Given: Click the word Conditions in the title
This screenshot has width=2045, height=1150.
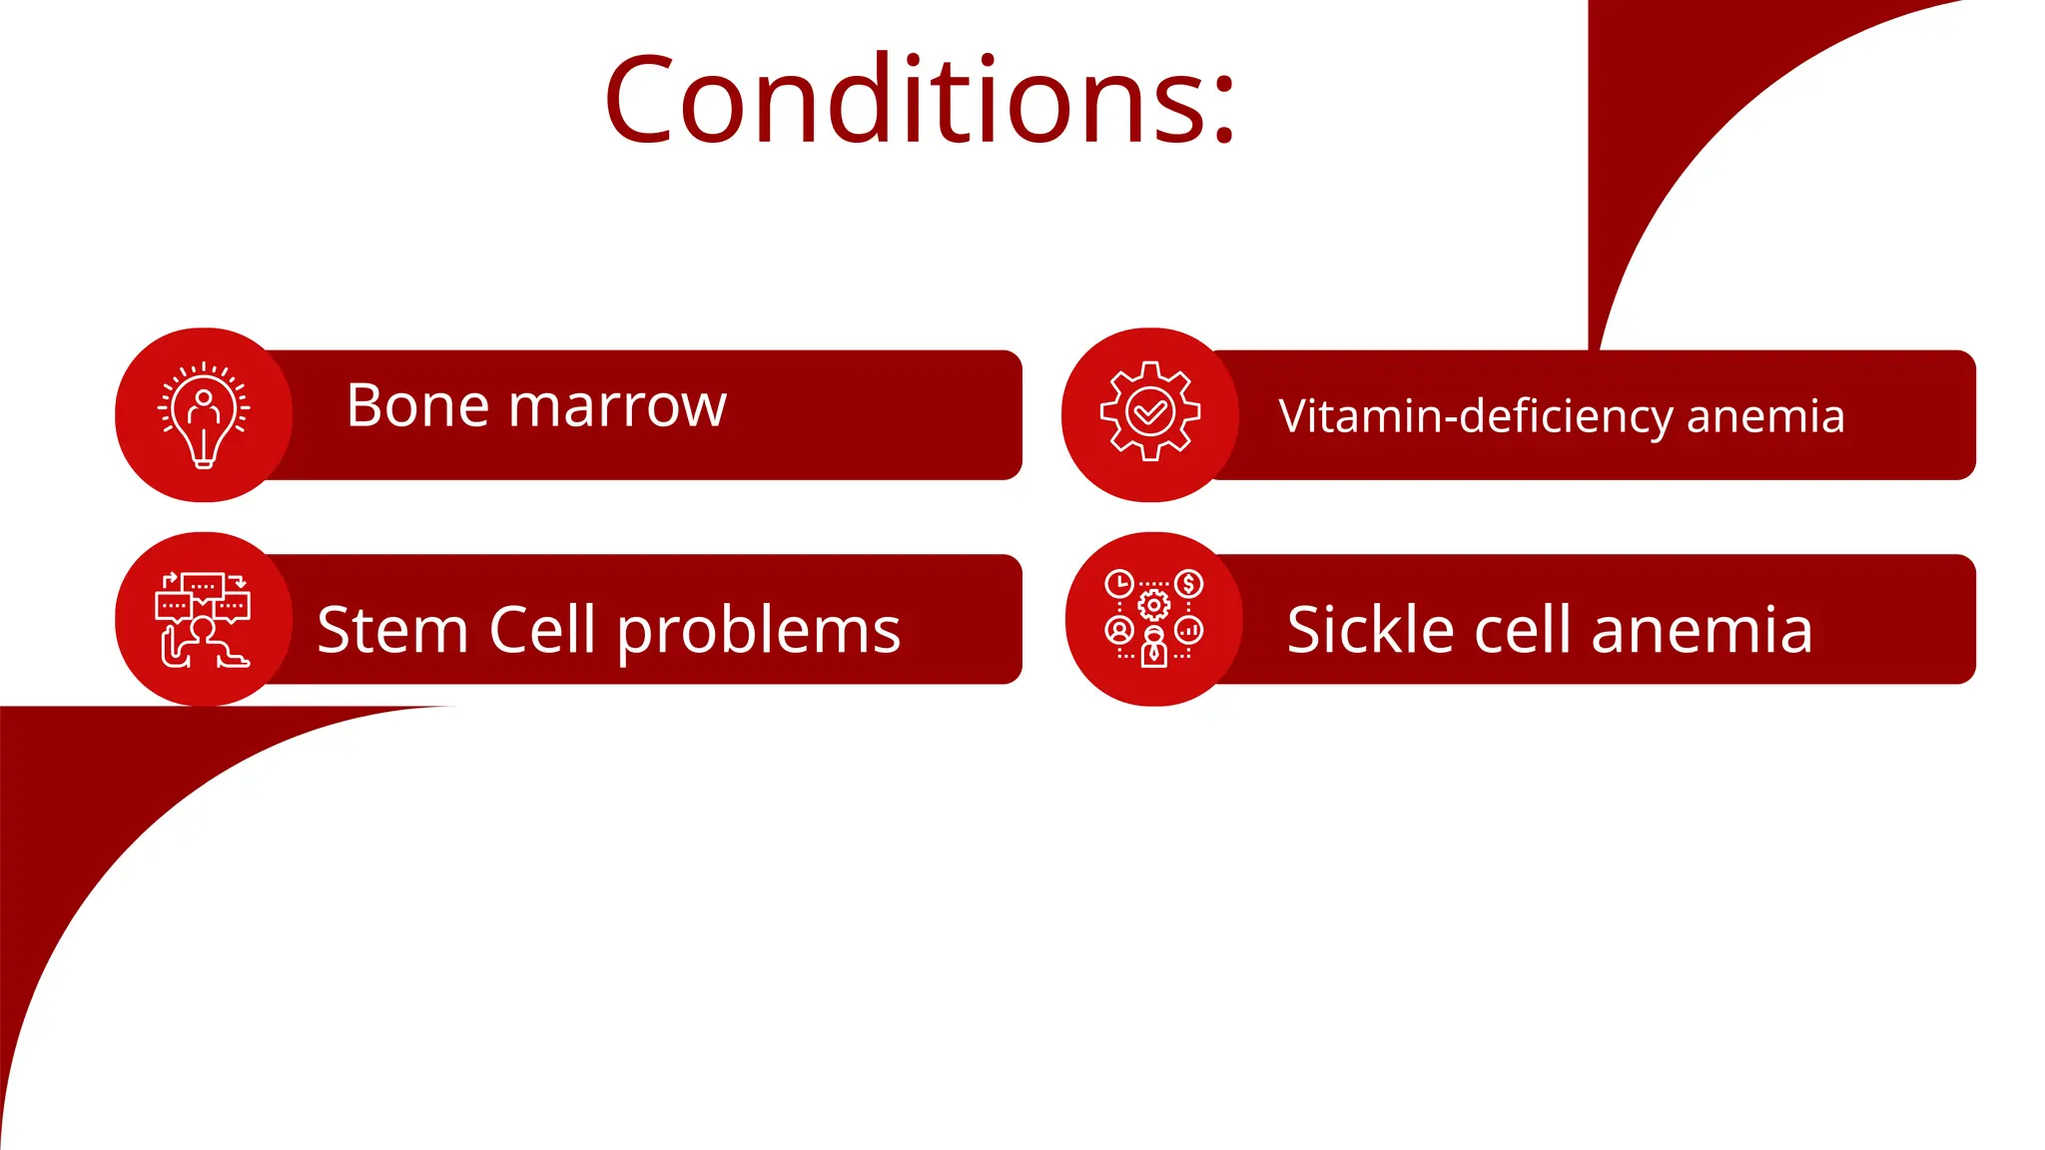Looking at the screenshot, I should (x=904, y=100).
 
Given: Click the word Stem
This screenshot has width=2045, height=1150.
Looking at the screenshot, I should (x=392, y=630).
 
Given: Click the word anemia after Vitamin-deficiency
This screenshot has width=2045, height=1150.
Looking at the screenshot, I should (x=1764, y=417).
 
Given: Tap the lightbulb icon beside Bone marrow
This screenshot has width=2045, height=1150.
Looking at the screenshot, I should (x=204, y=414).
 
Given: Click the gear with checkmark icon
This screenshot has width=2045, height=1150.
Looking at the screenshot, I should (x=1149, y=411).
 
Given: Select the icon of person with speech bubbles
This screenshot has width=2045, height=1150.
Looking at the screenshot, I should (x=204, y=619).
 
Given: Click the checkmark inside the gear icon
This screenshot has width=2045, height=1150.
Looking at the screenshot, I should (x=1149, y=411).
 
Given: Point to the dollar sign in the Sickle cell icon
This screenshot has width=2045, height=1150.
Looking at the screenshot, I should (x=1188, y=583).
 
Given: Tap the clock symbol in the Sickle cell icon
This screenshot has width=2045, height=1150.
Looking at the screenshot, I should (x=1119, y=583).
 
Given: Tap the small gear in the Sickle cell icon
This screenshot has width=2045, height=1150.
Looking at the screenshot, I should (x=1154, y=604).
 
